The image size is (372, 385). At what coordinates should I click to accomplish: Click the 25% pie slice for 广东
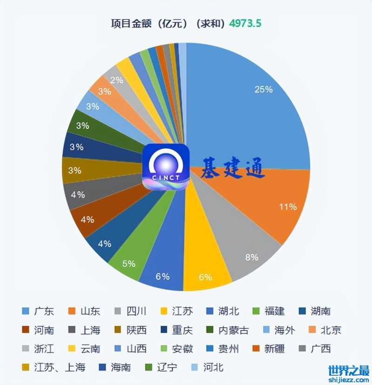tap(251, 107)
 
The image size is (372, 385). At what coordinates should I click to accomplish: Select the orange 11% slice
tap(274, 205)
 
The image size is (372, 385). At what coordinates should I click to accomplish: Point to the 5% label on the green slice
tap(129, 264)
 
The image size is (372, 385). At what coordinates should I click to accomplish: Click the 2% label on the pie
tap(117, 80)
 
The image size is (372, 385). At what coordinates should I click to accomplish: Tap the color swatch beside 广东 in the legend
tap(26, 311)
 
